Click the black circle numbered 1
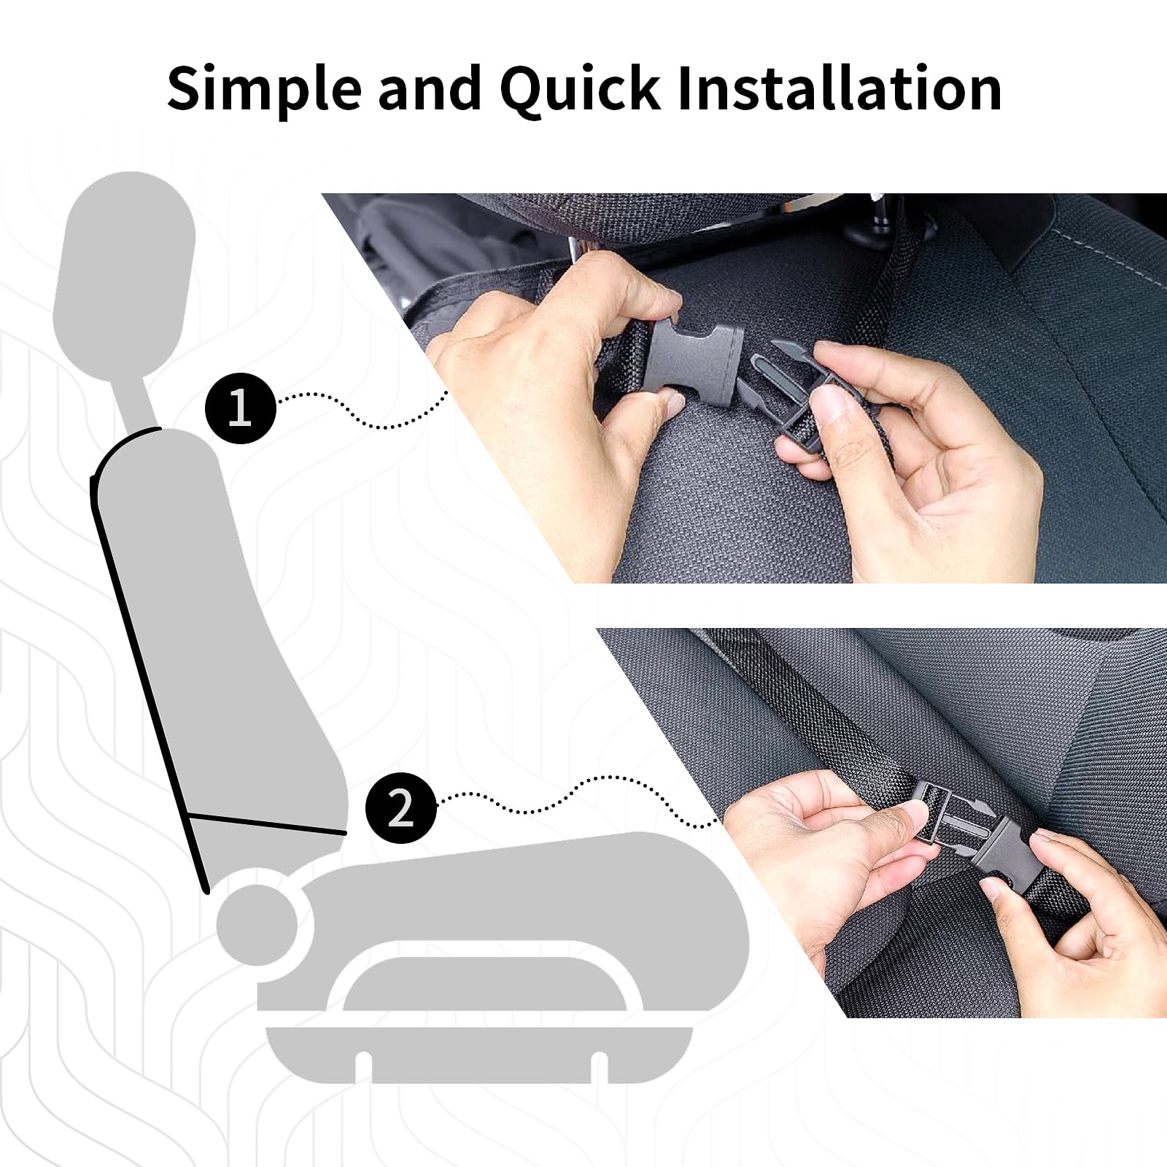pos(241,408)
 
